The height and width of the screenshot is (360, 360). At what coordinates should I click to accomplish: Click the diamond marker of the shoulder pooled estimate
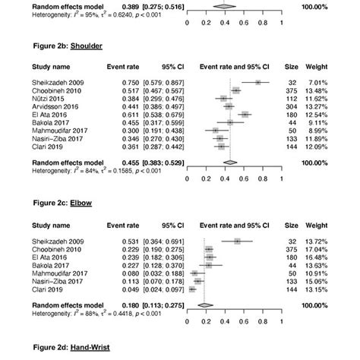point(231,161)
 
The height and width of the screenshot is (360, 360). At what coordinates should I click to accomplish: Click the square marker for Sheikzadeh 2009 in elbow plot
point(237,241)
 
